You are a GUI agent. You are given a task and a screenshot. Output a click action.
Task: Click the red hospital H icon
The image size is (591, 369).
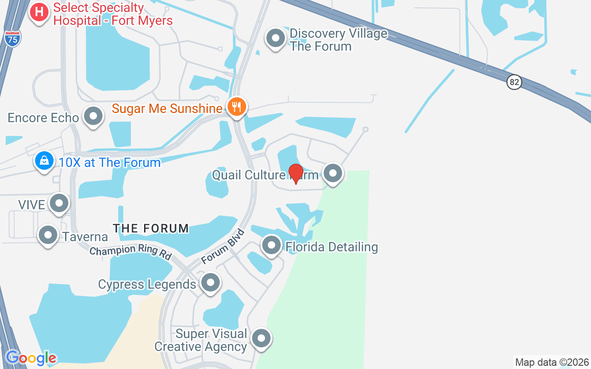click(x=39, y=12)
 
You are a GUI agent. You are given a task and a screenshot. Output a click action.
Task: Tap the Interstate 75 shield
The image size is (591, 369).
click(x=13, y=38)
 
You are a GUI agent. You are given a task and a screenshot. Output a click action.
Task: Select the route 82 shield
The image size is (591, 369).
click(x=514, y=83)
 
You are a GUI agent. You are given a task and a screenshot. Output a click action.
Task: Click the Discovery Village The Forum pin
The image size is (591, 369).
click(x=276, y=38)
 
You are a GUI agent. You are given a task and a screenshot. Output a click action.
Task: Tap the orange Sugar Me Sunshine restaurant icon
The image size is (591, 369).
click(x=237, y=107)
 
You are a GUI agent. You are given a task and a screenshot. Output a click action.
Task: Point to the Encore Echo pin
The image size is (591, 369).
click(x=93, y=116)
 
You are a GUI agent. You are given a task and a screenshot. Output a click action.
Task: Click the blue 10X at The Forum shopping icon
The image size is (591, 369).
click(x=44, y=161)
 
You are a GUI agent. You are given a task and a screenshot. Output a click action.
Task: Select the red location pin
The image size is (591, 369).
click(x=295, y=173)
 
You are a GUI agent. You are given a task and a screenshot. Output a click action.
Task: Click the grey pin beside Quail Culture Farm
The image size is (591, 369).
click(x=332, y=173)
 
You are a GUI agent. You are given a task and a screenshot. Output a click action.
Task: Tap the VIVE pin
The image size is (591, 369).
click(x=59, y=203)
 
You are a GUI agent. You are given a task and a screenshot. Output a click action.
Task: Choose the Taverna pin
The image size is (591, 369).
click(x=48, y=235)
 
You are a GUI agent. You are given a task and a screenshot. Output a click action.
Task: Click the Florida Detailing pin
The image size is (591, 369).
click(x=271, y=245)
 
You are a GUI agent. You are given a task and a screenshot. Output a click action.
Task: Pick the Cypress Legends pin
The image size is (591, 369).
click(x=211, y=282)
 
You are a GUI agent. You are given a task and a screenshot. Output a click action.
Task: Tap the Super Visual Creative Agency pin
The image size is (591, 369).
click(x=261, y=338)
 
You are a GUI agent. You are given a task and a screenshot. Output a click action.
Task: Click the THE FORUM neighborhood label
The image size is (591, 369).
click(x=151, y=228)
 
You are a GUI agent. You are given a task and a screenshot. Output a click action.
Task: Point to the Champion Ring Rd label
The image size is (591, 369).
click(x=130, y=252)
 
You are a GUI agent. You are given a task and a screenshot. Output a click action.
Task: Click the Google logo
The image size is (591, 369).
click(x=31, y=358)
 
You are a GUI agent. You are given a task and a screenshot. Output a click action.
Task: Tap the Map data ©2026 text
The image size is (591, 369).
click(x=552, y=362)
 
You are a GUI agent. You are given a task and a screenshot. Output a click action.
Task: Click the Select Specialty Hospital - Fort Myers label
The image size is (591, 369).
click(x=113, y=14)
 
